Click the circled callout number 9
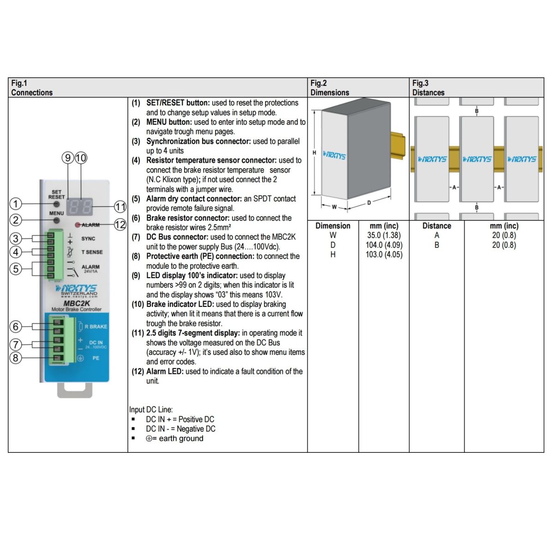(x=68, y=158)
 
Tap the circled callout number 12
(x=120, y=225)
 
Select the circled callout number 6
(x=16, y=327)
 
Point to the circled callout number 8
(x=16, y=358)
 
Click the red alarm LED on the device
(x=78, y=225)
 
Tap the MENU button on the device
(x=56, y=220)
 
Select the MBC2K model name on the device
(x=76, y=303)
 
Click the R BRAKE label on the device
(x=96, y=327)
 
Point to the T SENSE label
(x=92, y=252)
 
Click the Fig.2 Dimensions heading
(x=330, y=88)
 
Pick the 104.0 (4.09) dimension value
(x=384, y=245)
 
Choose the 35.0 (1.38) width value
(x=384, y=235)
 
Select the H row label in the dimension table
(x=333, y=255)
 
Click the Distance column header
(x=436, y=226)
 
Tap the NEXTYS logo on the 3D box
(x=334, y=155)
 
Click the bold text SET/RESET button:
(x=178, y=103)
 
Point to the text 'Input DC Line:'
(x=151, y=409)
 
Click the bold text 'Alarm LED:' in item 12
(x=165, y=371)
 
